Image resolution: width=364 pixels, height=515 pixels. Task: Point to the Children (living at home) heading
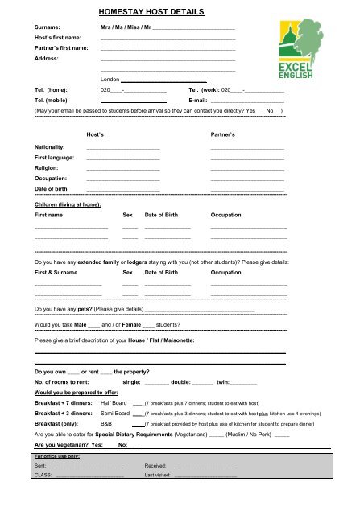(x=67, y=205)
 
